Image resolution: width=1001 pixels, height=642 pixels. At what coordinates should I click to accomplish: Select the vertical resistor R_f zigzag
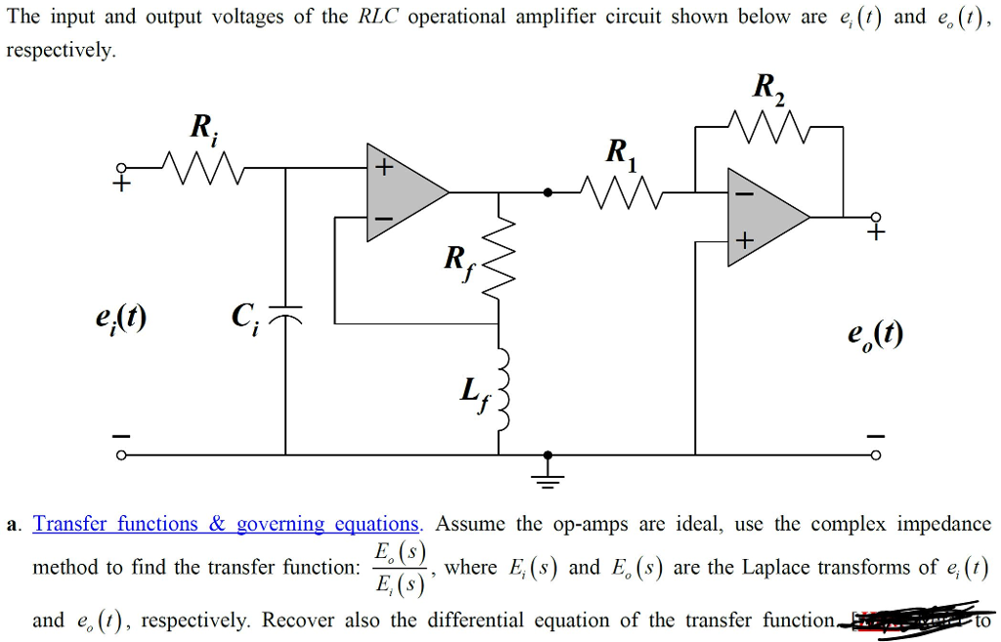[x=500, y=258]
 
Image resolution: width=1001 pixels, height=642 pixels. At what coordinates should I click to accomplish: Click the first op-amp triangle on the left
[x=401, y=193]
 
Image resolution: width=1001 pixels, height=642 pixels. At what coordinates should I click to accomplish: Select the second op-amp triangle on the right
[x=762, y=216]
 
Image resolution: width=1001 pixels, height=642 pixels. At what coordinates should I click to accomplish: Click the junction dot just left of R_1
[x=548, y=193]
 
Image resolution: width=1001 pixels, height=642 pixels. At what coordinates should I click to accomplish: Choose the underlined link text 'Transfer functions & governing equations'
[x=226, y=524]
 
